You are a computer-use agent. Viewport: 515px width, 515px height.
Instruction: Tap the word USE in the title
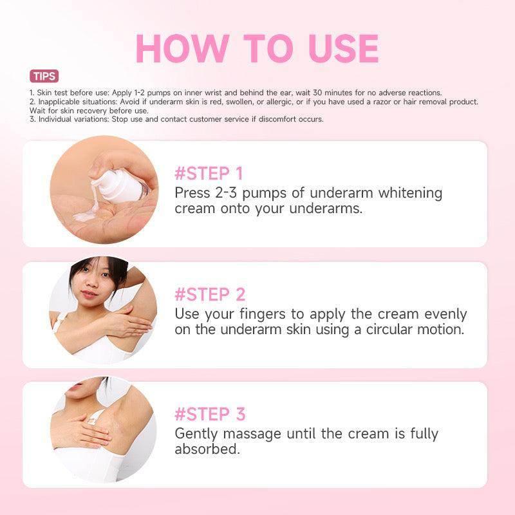coord(344,49)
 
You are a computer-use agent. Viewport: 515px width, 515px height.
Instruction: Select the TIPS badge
coord(44,76)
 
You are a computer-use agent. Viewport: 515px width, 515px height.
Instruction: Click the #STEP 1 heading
coord(209,173)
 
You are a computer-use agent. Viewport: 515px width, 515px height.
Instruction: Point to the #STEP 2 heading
coord(210,294)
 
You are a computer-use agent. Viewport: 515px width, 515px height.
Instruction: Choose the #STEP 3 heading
coord(211,414)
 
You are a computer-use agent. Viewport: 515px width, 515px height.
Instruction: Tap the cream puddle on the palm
coord(86,215)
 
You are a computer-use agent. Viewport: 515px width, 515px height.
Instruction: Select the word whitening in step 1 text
coord(410,193)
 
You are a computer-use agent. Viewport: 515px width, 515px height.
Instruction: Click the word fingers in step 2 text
coord(263,314)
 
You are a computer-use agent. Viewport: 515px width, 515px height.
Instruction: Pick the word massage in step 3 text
coord(252,434)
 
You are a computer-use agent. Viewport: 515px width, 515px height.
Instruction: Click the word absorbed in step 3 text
coord(207,449)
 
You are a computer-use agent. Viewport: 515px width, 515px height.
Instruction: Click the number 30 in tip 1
coord(317,93)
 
